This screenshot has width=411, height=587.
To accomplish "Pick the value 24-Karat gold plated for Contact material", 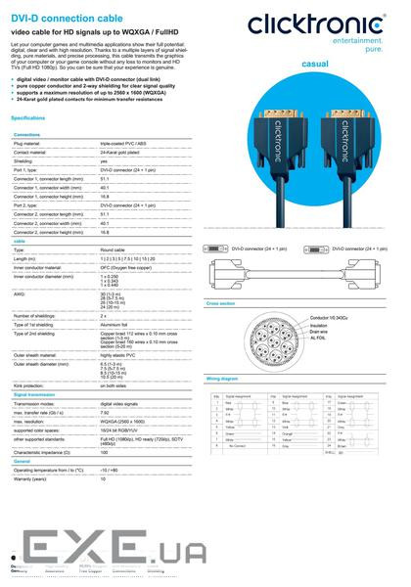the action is tap(120, 153).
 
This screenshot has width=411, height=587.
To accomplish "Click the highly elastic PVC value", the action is tap(119, 355).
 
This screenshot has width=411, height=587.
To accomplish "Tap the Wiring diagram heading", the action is tap(222, 376).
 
